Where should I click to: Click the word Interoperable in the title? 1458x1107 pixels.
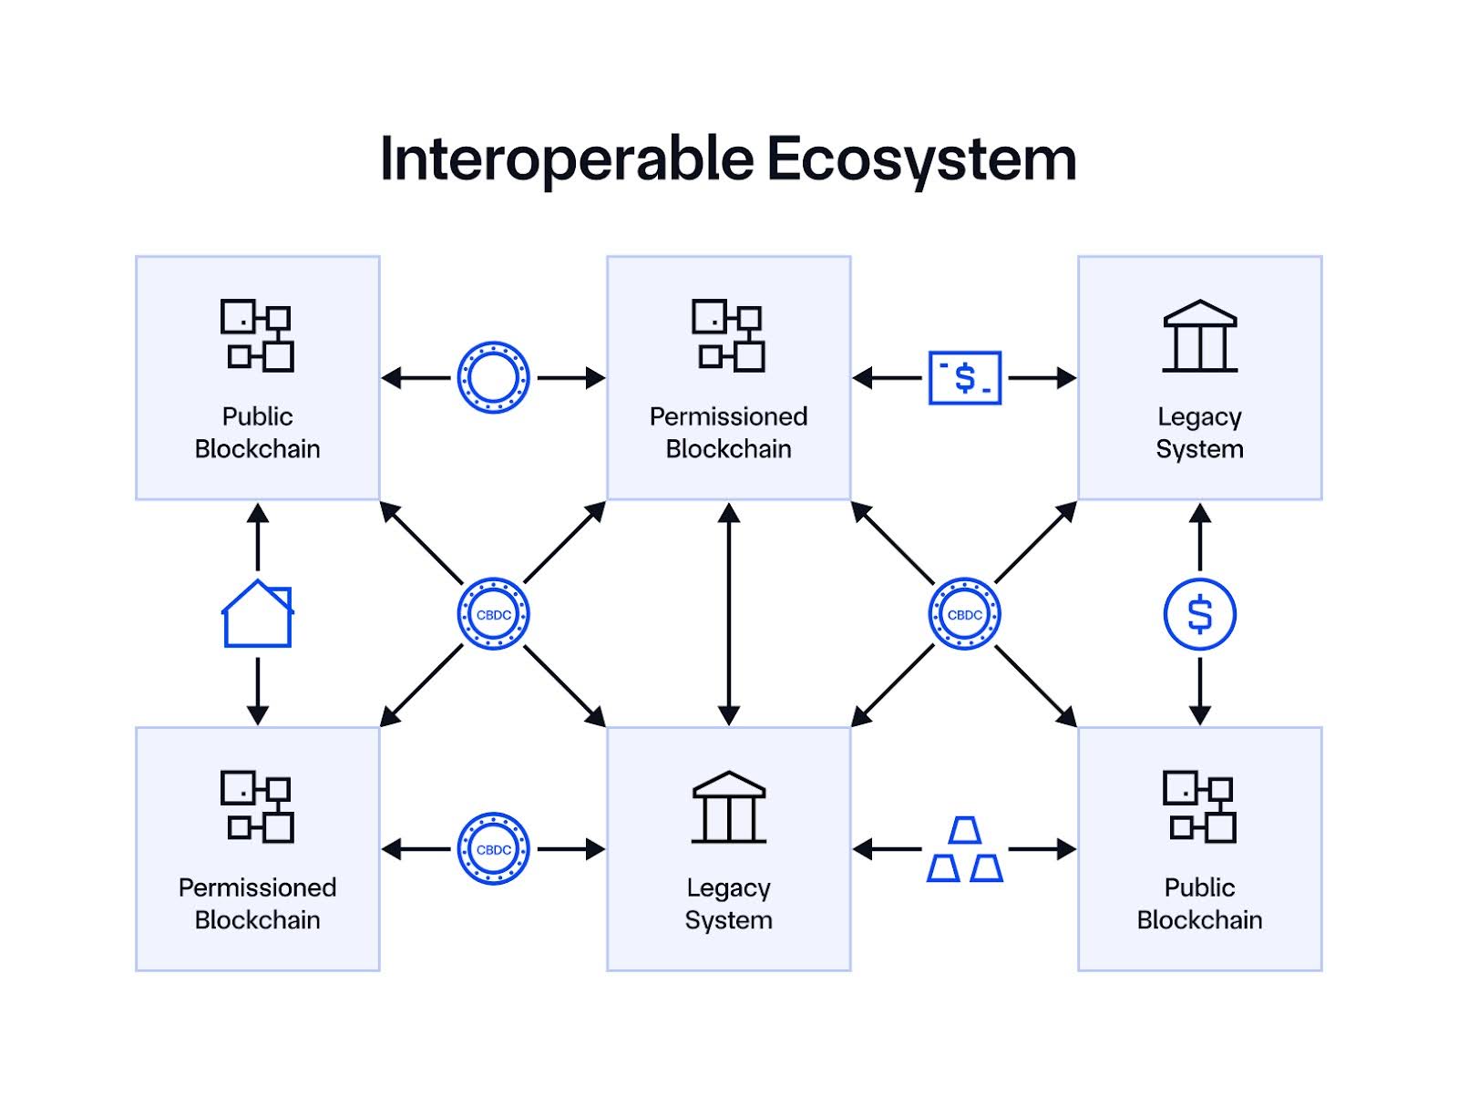[x=567, y=159]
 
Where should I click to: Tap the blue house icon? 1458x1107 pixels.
[x=258, y=614]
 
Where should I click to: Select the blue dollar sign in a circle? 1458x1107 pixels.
[x=1199, y=614]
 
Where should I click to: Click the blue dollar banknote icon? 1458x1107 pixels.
[x=964, y=377]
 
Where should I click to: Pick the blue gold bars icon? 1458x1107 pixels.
[x=964, y=849]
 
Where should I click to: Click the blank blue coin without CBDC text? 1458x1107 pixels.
[x=493, y=377]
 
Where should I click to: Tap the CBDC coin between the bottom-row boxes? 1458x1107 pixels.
[x=493, y=849]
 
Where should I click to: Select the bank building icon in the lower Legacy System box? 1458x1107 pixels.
[x=728, y=807]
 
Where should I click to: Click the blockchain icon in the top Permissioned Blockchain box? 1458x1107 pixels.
[x=728, y=335]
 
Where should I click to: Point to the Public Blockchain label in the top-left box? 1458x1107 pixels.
[x=258, y=432]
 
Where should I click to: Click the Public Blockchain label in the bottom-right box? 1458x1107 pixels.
[x=1199, y=903]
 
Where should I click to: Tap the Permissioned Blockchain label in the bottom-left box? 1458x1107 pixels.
[x=258, y=903]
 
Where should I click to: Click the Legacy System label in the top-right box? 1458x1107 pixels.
[x=1199, y=432]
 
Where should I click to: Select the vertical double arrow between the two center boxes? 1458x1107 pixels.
[x=728, y=614]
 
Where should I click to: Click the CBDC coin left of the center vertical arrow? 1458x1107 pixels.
[x=493, y=614]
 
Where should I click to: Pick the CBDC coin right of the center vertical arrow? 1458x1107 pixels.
[x=964, y=614]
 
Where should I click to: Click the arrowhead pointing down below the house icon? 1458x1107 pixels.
[x=258, y=714]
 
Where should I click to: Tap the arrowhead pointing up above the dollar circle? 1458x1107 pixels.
[x=1199, y=514]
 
